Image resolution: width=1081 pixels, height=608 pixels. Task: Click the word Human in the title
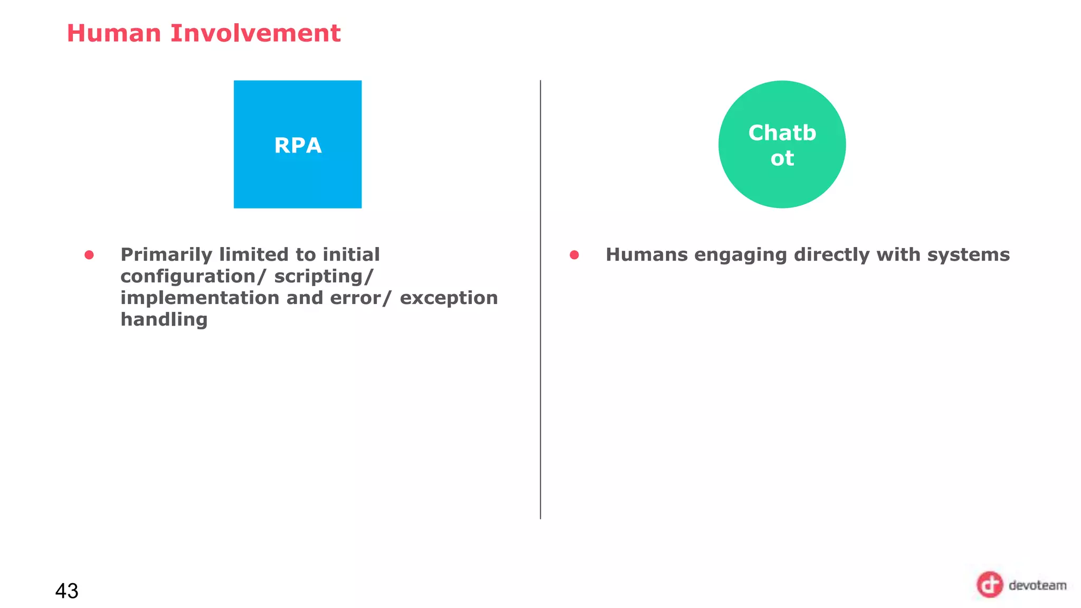click(x=113, y=33)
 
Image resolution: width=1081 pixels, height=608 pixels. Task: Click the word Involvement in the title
click(x=255, y=33)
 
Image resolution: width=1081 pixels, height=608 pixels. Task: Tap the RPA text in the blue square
click(x=298, y=146)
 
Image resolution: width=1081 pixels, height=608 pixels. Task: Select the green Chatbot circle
click(x=782, y=145)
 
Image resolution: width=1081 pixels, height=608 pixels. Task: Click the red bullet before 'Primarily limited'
click(x=89, y=255)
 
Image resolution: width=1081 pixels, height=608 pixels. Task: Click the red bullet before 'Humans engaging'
click(x=574, y=255)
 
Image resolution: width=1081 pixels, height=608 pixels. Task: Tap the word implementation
click(x=200, y=298)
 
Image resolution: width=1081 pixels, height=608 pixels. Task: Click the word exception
click(x=449, y=298)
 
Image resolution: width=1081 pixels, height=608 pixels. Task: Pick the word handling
click(x=164, y=320)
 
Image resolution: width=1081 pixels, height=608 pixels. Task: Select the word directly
click(x=831, y=255)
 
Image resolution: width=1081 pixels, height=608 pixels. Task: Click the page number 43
click(x=67, y=591)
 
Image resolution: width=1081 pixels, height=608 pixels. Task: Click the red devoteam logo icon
click(x=989, y=585)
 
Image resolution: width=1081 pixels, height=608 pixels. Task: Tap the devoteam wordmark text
click(x=1037, y=585)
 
